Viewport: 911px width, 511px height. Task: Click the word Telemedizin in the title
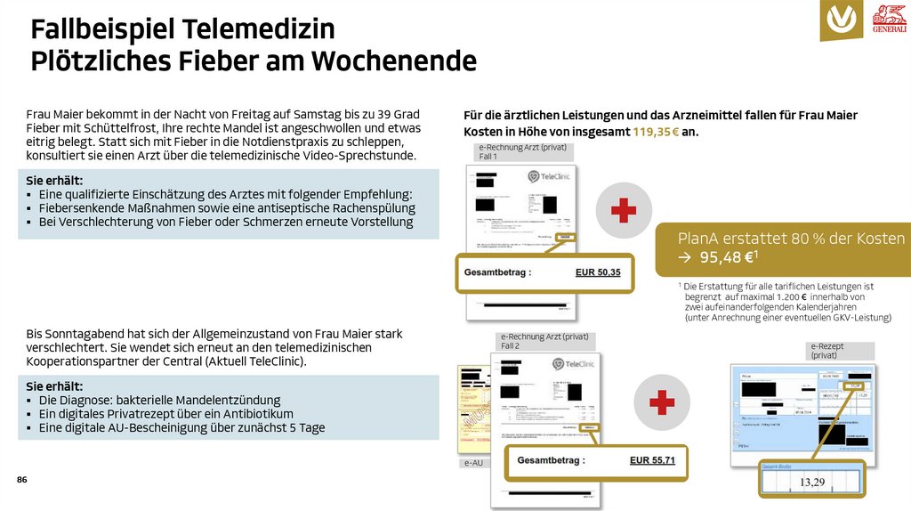pos(259,29)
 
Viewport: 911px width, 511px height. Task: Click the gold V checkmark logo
pos(842,20)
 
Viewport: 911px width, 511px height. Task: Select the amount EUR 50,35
pos(598,272)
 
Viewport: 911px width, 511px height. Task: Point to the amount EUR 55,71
pos(652,460)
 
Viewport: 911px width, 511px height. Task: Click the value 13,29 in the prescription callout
pos(811,482)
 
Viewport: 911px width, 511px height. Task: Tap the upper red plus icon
pos(623,211)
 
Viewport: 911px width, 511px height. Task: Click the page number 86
pos(22,481)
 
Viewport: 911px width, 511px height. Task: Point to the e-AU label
pos(473,463)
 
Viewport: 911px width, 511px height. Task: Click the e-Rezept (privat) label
pos(827,350)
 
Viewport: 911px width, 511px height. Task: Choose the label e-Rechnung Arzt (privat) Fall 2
pos(544,340)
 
